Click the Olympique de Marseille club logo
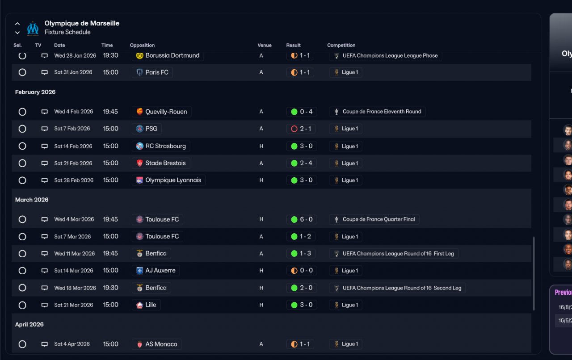tap(33, 28)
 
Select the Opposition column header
tap(142, 45)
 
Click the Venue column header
tap(265, 45)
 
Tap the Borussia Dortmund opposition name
tap(172, 55)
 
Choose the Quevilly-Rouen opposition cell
tap(162, 112)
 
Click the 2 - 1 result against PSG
tap(300, 129)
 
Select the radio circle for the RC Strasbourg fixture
tap(22, 146)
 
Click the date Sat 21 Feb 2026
tap(73, 163)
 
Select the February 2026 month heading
tap(35, 92)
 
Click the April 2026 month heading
tap(29, 325)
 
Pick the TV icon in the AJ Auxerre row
tap(44, 271)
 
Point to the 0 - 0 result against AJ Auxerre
tap(300, 271)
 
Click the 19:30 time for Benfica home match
tap(111, 288)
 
